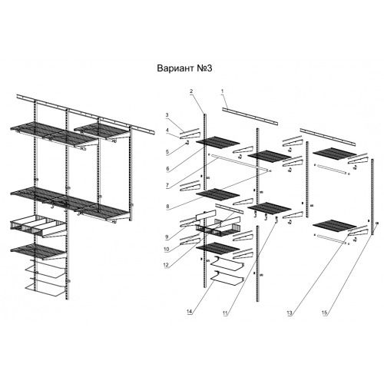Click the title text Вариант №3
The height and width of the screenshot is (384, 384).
[184, 68]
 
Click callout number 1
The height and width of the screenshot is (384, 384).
[223, 91]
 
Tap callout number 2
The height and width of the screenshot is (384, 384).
[191, 91]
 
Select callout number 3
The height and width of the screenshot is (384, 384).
[167, 115]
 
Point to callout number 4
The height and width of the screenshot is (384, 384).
[167, 130]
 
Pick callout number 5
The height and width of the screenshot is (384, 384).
[167, 152]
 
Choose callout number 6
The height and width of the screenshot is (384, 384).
[167, 169]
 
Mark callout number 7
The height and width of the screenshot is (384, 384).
[167, 186]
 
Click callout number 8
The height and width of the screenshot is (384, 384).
[167, 207]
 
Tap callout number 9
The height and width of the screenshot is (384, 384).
[167, 237]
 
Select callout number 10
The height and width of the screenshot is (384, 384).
[167, 250]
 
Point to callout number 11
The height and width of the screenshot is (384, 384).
[225, 313]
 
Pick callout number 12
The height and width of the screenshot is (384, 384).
[166, 265]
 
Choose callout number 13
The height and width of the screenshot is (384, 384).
[290, 313]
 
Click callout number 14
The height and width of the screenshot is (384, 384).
[190, 311]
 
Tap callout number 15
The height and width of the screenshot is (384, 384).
[325, 313]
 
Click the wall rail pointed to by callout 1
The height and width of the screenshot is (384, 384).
[250, 117]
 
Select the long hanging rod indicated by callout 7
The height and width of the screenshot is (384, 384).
[240, 163]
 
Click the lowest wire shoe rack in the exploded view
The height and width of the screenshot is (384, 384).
[227, 280]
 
